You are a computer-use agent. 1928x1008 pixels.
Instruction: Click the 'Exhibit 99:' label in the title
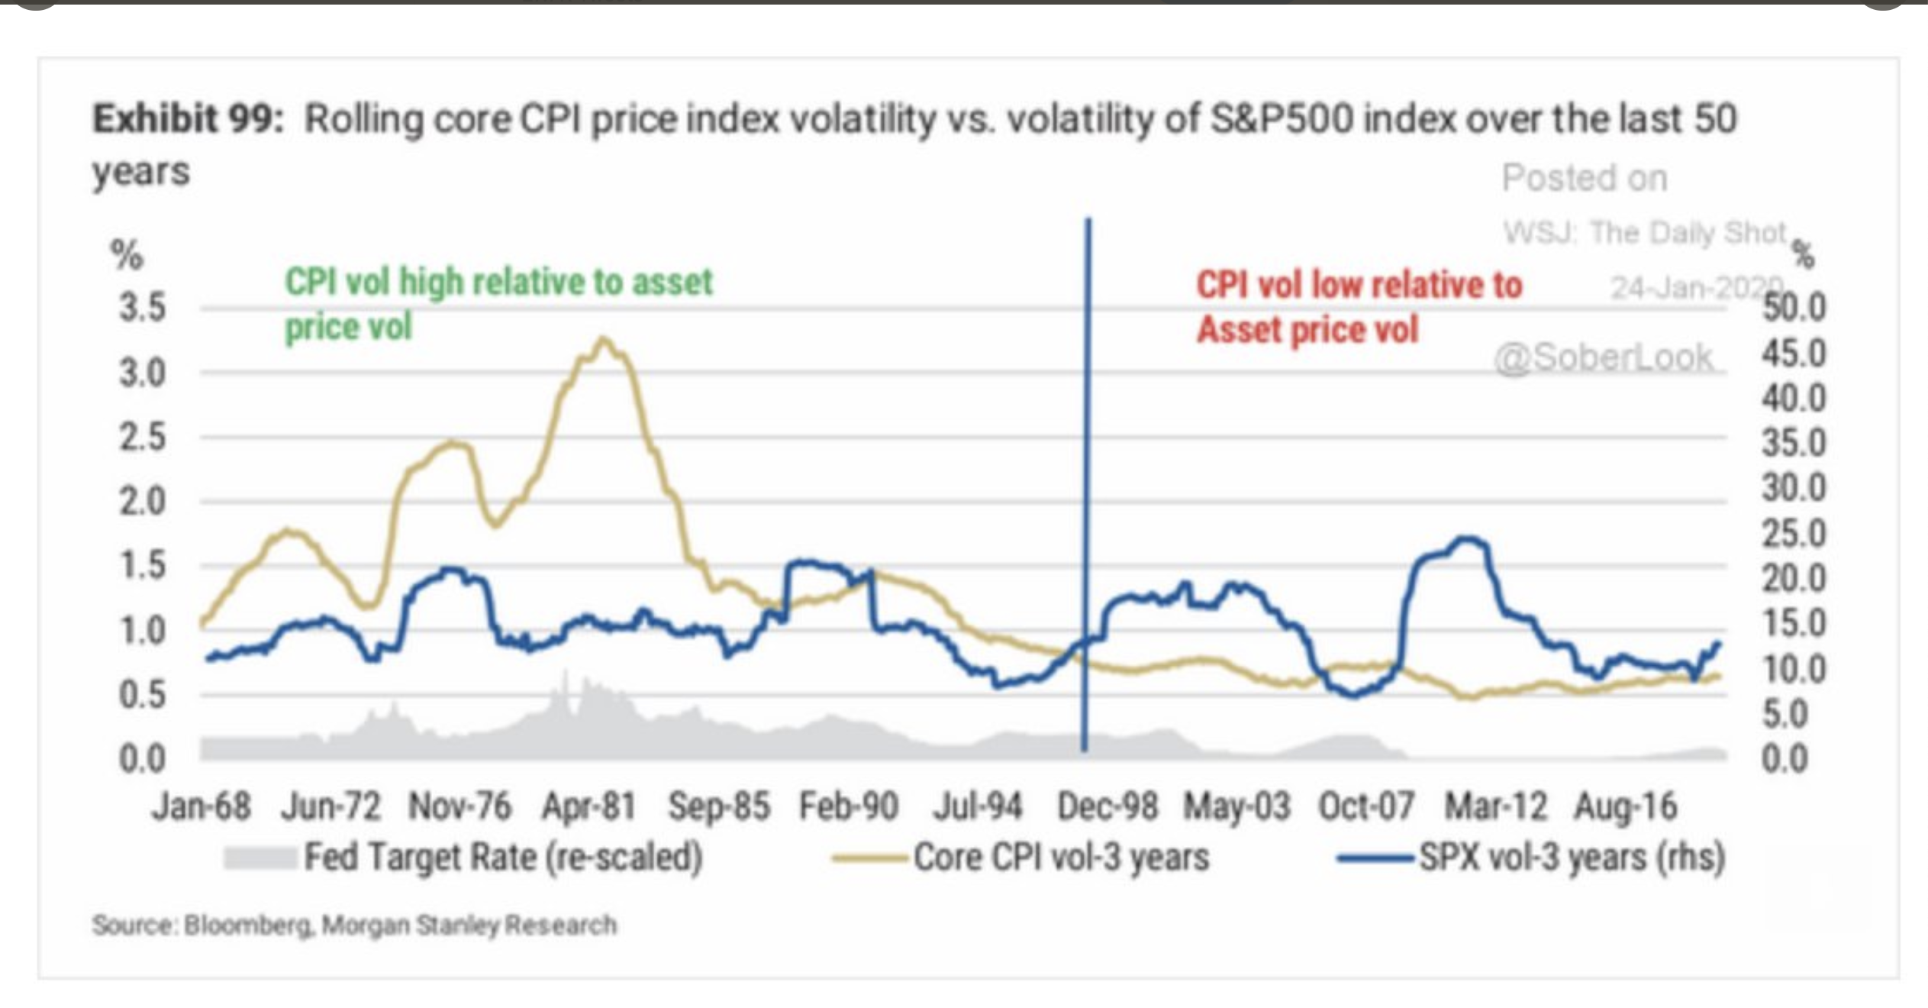[188, 119]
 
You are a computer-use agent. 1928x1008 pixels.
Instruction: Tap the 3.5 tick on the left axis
[143, 308]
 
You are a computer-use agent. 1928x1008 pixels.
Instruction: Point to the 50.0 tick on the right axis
[1794, 308]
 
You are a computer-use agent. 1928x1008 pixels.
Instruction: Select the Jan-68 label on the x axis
[202, 806]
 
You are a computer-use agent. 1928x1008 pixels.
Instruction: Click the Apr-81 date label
[588, 806]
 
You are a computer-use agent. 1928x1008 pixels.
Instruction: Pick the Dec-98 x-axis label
[1107, 806]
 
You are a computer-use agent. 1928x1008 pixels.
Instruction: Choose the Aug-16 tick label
[1626, 806]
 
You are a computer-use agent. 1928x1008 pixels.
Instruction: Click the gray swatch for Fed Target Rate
[260, 858]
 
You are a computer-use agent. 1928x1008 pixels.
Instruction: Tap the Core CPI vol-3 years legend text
[1061, 858]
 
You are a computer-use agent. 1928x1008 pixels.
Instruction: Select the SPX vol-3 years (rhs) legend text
[1572, 858]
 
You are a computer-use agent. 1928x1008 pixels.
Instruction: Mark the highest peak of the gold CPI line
[603, 338]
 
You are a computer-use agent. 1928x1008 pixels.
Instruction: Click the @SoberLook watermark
[1604, 357]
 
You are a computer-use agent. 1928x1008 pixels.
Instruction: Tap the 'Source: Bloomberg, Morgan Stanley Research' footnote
[354, 926]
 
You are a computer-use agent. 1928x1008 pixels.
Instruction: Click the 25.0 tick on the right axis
[1794, 533]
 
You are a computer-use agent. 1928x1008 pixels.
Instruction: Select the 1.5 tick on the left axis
[143, 566]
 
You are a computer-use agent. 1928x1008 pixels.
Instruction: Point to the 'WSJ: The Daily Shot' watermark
[1645, 232]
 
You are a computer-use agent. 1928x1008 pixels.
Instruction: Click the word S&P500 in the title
[1282, 119]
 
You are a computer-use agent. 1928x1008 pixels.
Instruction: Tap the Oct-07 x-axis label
[1366, 806]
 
